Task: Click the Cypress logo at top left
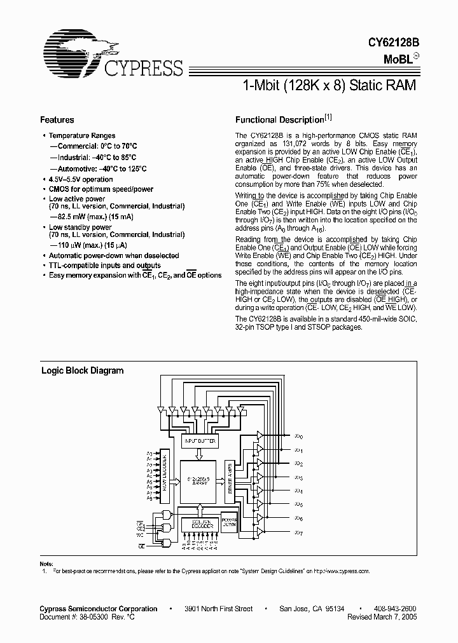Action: pyautogui.click(x=111, y=55)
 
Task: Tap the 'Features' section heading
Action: pyautogui.click(x=57, y=119)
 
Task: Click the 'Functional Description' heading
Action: pyautogui.click(x=279, y=119)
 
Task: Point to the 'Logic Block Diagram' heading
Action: pyautogui.click(x=82, y=370)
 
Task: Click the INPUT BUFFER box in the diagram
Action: pyautogui.click(x=200, y=440)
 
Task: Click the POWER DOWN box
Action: pyautogui.click(x=228, y=522)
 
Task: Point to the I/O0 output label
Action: pyautogui.click(x=299, y=437)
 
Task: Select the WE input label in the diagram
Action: pyautogui.click(x=140, y=535)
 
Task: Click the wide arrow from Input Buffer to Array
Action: pyautogui.click(x=200, y=453)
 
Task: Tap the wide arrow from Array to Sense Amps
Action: pyautogui.click(x=219, y=481)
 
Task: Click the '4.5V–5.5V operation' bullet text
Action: pyautogui.click(x=81, y=179)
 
